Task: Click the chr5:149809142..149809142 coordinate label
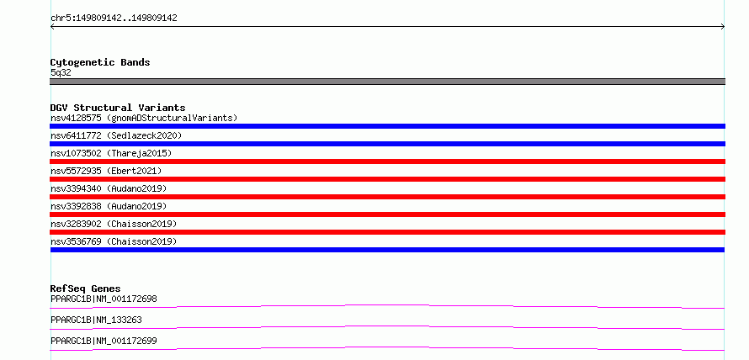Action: [114, 19]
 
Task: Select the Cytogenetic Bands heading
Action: [100, 62]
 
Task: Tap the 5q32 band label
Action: [61, 73]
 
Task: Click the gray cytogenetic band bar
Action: [387, 82]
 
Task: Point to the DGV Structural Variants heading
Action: [118, 108]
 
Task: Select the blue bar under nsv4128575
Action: [387, 126]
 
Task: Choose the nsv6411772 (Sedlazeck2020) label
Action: [116, 135]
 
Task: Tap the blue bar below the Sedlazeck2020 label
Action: [387, 144]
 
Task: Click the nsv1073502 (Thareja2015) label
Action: [111, 153]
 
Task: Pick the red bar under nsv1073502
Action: [387, 161]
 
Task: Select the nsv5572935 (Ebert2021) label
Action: [106, 171]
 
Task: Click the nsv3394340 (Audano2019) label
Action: [109, 188]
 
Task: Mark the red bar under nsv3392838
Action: [387, 214]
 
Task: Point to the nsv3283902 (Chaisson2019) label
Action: [114, 224]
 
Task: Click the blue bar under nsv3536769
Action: [387, 250]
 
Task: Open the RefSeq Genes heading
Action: [86, 289]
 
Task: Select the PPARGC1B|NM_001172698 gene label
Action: [104, 299]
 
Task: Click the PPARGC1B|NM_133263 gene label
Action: [96, 320]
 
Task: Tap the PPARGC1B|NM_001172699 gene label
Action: [104, 341]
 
